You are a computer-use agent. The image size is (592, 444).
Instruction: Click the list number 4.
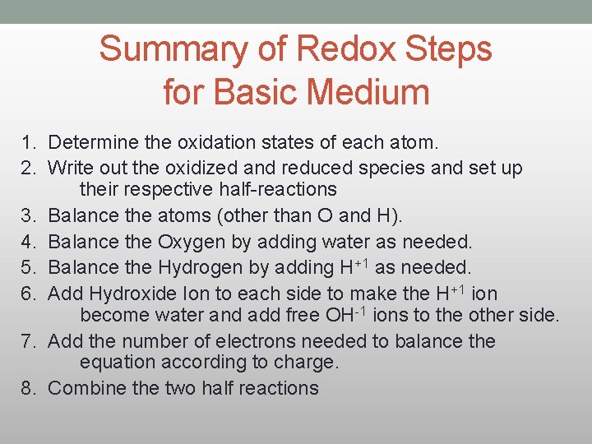click(27, 242)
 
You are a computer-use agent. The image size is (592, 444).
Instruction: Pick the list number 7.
click(27, 340)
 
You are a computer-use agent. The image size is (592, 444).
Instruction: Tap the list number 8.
click(27, 388)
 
